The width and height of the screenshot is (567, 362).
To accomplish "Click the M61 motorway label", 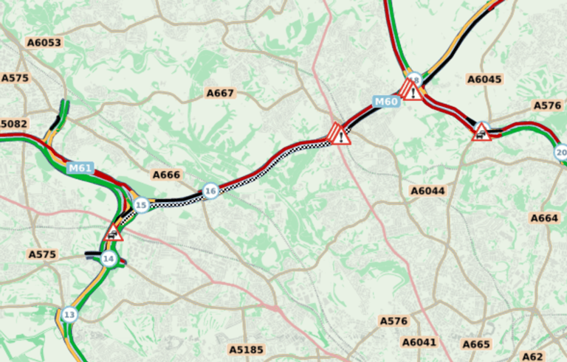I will pyautogui.click(x=80, y=168).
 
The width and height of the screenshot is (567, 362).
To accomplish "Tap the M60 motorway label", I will pyautogui.click(x=386, y=102).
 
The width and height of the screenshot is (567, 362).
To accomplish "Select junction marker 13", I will pyautogui.click(x=69, y=315).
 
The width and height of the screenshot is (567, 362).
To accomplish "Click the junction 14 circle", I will pyautogui.click(x=109, y=259).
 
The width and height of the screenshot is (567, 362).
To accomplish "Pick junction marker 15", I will pyautogui.click(x=141, y=206).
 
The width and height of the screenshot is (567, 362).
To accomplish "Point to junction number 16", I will pyautogui.click(x=211, y=192).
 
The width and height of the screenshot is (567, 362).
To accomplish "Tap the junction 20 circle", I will pyautogui.click(x=560, y=153).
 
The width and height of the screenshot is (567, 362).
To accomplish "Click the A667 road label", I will pyautogui.click(x=220, y=93).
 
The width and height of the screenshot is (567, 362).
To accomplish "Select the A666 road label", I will pyautogui.click(x=166, y=175).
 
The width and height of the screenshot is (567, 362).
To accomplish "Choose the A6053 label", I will pyautogui.click(x=44, y=43).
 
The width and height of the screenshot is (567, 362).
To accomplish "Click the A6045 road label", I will pyautogui.click(x=484, y=80).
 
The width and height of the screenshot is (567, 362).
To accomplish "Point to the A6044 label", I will pyautogui.click(x=427, y=191).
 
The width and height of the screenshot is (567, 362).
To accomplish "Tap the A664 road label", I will pyautogui.click(x=544, y=218).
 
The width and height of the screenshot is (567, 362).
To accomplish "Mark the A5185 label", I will pyautogui.click(x=246, y=349).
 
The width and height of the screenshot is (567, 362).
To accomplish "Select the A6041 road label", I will pyautogui.click(x=419, y=342).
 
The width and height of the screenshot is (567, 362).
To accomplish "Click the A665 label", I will pyautogui.click(x=476, y=344).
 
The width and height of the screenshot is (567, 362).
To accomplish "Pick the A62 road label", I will pyautogui.click(x=533, y=356).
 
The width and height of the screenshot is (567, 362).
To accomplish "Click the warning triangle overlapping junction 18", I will pyautogui.click(x=412, y=91).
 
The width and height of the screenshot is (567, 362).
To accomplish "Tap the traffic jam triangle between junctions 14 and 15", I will pyautogui.click(x=114, y=234).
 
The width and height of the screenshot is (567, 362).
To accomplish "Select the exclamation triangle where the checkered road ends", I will pyautogui.click(x=340, y=135).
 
